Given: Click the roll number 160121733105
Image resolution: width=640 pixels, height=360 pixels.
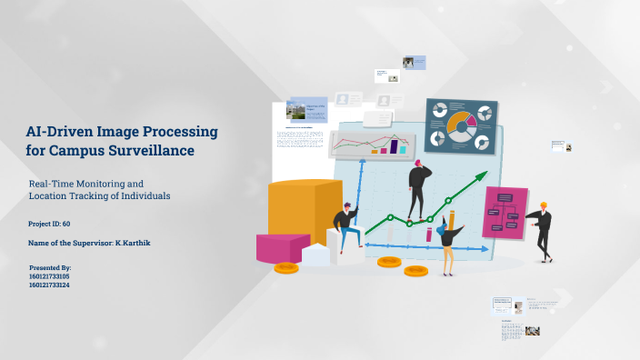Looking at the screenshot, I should point(50,276).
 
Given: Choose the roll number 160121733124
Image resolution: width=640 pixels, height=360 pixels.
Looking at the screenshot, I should point(50,285).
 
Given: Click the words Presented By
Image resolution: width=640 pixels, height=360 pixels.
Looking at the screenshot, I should point(51,268).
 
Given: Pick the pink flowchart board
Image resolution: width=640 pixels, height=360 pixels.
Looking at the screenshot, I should point(505,212).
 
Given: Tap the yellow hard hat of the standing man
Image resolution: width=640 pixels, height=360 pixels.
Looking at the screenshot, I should point(544,205).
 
